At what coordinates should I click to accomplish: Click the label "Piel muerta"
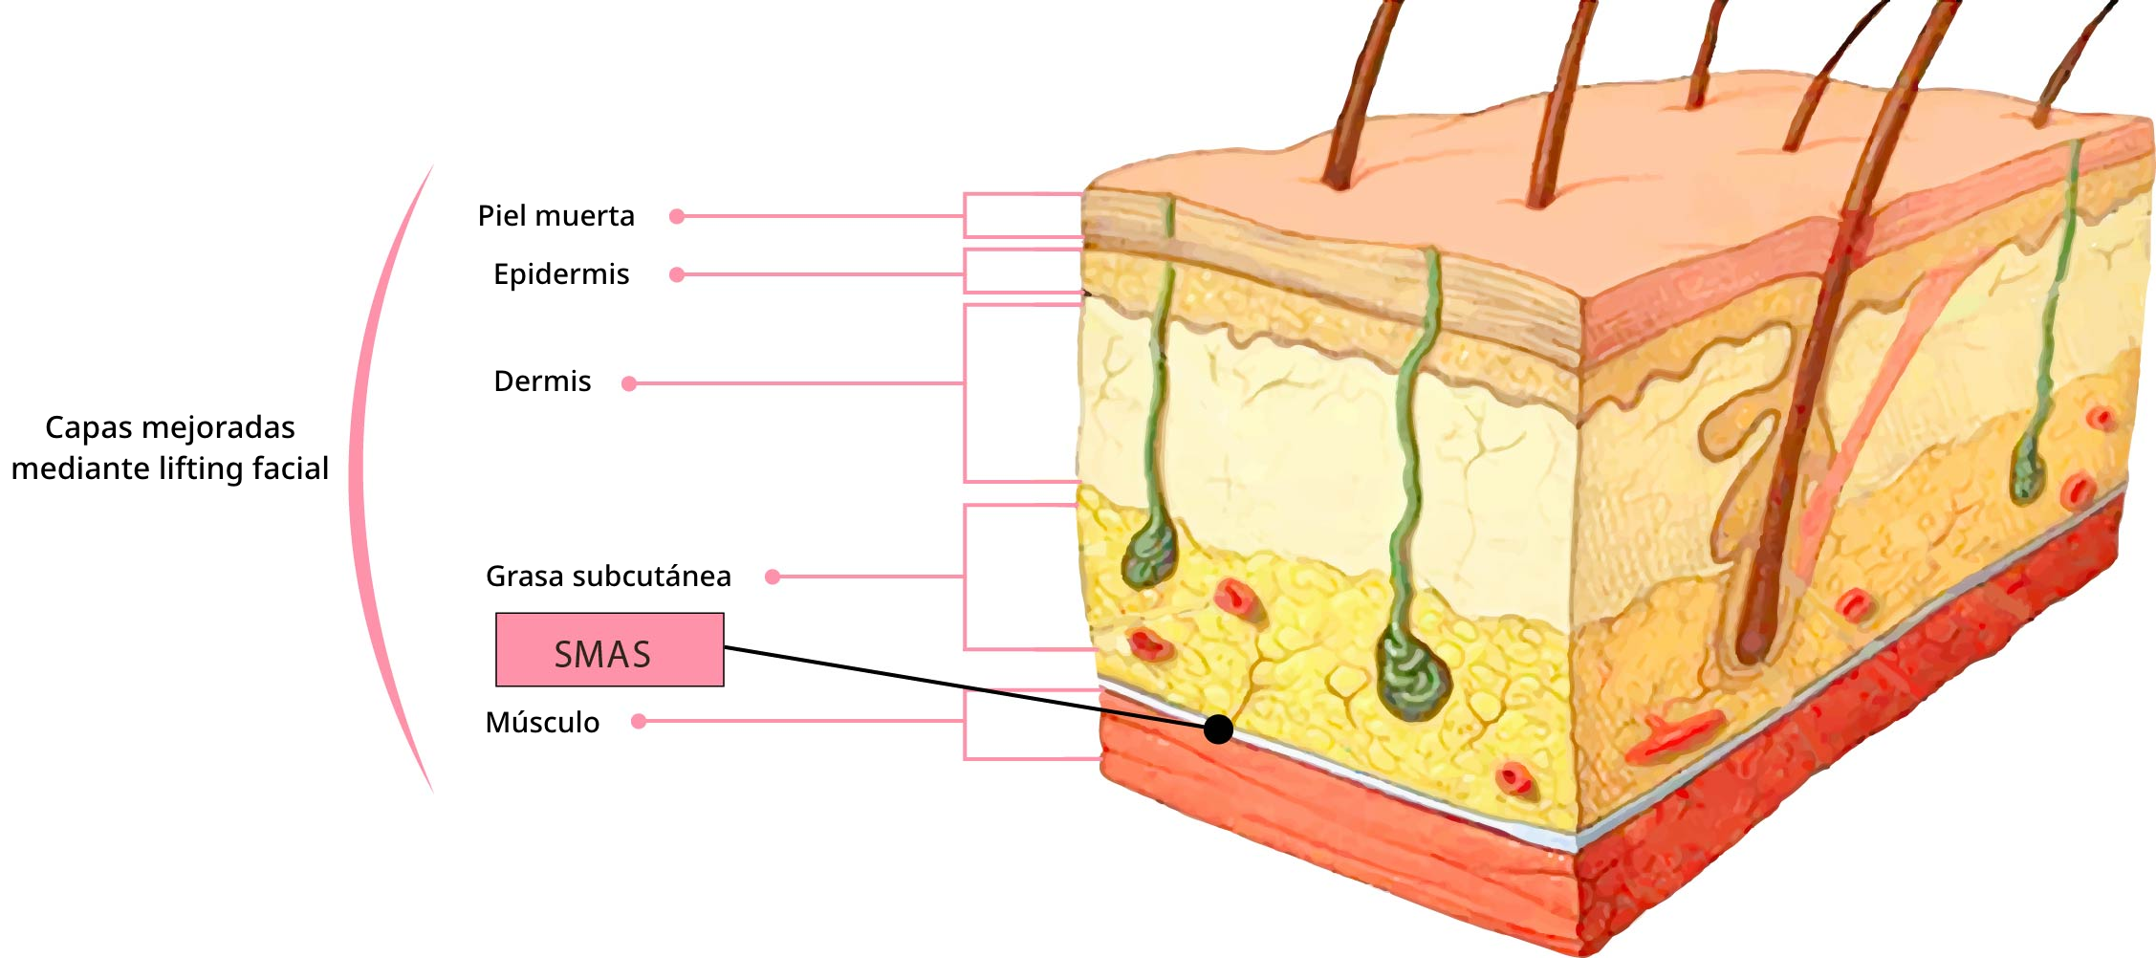pos(555,216)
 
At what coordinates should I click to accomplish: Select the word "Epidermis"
pos(561,275)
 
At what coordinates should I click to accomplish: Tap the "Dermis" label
pos(542,381)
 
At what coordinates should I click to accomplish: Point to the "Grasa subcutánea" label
pos(608,577)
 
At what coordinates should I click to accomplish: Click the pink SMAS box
pos(610,650)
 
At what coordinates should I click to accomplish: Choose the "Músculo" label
pos(542,722)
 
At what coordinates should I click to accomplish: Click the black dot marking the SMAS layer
pos(1218,729)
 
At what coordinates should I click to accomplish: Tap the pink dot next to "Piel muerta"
pos(677,217)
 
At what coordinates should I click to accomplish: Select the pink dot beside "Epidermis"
pos(677,275)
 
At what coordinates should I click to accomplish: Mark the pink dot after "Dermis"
pos(629,383)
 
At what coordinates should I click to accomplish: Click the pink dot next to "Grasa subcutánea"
pos(773,577)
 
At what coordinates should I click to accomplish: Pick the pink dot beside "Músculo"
pos(639,721)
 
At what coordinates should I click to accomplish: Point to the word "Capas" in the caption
pos(82,428)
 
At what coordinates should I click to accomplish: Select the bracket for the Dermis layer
pos(965,393)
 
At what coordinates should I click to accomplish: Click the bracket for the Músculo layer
pos(965,724)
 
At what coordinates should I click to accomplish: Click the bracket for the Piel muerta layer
pos(965,215)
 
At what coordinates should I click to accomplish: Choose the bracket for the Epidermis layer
pos(965,271)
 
